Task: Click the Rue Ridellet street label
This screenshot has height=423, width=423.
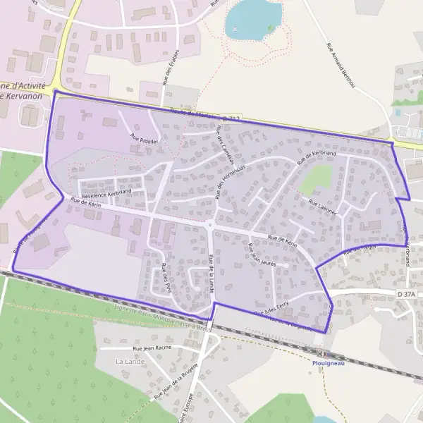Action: (143, 140)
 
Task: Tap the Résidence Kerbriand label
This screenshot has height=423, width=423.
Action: (106, 192)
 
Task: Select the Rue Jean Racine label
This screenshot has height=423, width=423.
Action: (152, 348)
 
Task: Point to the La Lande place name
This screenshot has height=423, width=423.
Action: (129, 361)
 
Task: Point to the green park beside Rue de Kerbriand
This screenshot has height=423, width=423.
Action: (314, 180)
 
